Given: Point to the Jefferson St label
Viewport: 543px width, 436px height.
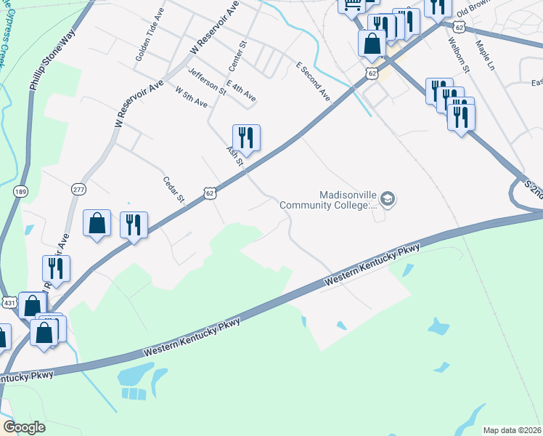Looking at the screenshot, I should pyautogui.click(x=207, y=81).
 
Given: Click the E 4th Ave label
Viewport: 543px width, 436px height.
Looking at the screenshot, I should pyautogui.click(x=241, y=90).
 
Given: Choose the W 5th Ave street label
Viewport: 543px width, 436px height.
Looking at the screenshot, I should pyautogui.click(x=192, y=97).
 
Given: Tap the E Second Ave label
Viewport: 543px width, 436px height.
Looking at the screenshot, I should pyautogui.click(x=313, y=81).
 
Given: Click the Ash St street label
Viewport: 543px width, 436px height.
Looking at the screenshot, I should pyautogui.click(x=234, y=154).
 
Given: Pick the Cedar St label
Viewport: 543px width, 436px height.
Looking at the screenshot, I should pyautogui.click(x=175, y=190).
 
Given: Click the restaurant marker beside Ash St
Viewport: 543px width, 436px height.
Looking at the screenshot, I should pyautogui.click(x=246, y=137).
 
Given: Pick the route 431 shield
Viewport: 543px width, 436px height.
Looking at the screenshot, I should pyautogui.click(x=9, y=302).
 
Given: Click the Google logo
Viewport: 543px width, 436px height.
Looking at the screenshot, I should pyautogui.click(x=24, y=427).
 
